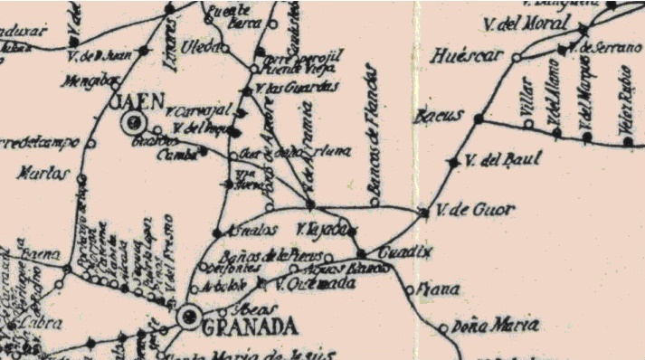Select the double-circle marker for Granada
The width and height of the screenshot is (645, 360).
[190, 315]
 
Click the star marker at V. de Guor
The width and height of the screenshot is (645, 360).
[423, 213]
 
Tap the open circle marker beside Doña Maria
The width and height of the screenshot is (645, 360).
[442, 327]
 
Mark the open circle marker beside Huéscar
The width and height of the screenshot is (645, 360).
[517, 57]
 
